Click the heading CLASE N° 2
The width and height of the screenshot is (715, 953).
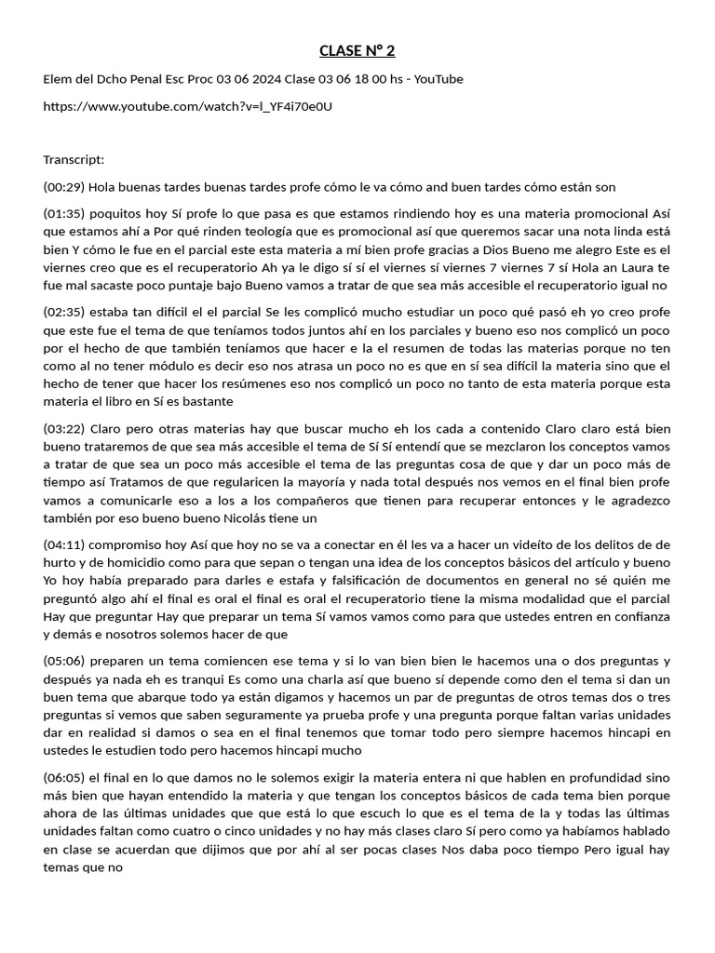pyautogui.click(x=357, y=50)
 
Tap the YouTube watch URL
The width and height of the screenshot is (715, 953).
pyautogui.click(x=187, y=106)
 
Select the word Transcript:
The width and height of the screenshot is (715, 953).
pyautogui.click(x=74, y=159)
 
